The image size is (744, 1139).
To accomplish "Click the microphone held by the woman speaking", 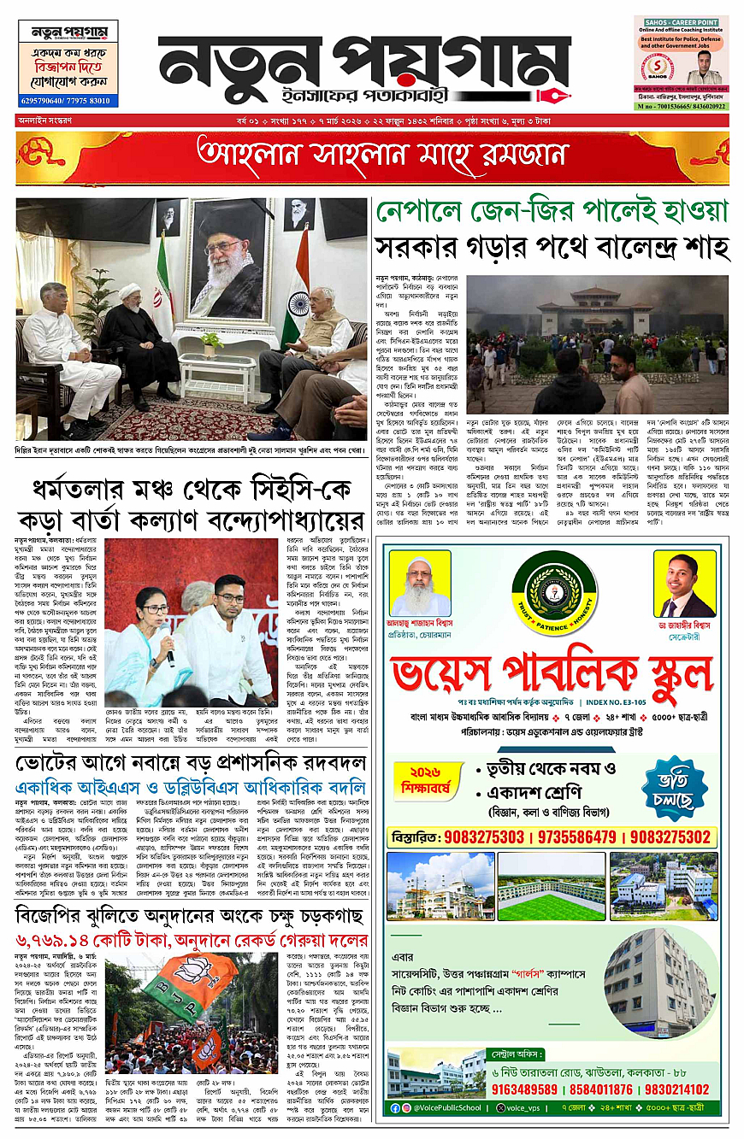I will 168,634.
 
